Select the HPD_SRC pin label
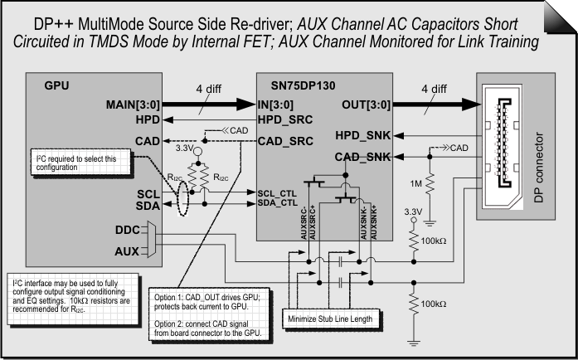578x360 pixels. point(284,120)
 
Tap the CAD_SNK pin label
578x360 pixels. point(363,156)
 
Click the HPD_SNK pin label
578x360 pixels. point(363,134)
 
